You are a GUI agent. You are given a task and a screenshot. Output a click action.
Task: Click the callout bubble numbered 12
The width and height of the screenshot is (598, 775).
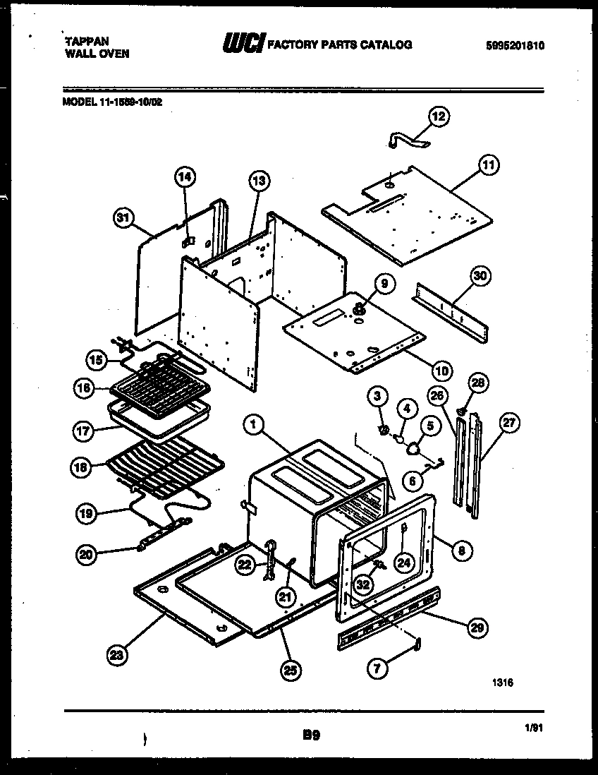[439, 117]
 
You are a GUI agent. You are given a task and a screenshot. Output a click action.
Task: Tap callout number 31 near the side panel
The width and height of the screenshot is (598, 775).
[124, 219]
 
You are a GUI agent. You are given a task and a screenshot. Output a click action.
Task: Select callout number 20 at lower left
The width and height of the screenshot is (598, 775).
[87, 554]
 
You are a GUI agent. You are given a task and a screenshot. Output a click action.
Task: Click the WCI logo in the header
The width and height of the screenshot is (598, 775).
[243, 44]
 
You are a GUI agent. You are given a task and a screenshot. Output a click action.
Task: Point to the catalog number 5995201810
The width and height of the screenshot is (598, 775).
[515, 46]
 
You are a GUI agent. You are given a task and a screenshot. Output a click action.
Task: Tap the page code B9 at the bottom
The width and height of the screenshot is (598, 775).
[312, 735]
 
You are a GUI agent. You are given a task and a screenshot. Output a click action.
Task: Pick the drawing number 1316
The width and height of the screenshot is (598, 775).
[503, 683]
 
